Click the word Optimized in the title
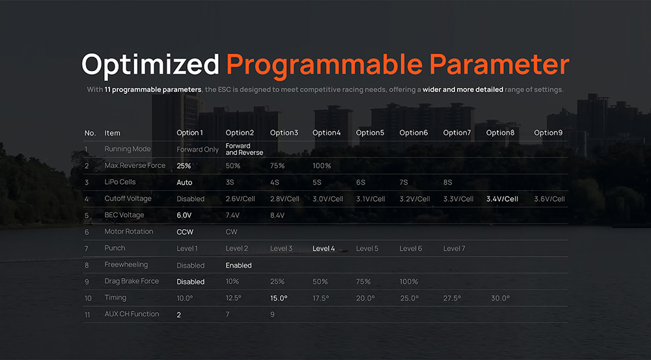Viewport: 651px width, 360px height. pyautogui.click(x=150, y=65)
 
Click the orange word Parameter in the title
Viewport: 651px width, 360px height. pyautogui.click(x=499, y=64)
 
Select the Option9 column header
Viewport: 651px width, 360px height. pyautogui.click(x=548, y=133)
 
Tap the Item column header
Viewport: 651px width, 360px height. pyautogui.click(x=112, y=133)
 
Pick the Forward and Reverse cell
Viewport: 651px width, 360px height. pyautogui.click(x=244, y=149)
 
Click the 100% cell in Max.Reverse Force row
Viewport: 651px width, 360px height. pyautogui.click(x=322, y=165)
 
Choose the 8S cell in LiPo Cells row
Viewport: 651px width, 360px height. pyautogui.click(x=448, y=182)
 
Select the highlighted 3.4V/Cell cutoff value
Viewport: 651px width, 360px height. pyautogui.click(x=502, y=199)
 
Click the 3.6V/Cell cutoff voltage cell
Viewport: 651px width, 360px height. pyautogui.click(x=549, y=199)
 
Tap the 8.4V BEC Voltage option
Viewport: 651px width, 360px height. pyautogui.click(x=277, y=215)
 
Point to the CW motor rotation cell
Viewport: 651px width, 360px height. pyautogui.click(x=231, y=232)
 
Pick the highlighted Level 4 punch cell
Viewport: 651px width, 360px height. pyautogui.click(x=324, y=248)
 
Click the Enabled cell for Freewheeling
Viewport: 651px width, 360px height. pyautogui.click(x=238, y=266)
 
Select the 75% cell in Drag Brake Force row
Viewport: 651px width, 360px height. pyautogui.click(x=363, y=281)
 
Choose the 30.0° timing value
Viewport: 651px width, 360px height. pyautogui.click(x=500, y=298)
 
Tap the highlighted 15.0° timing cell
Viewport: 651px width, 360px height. pyautogui.click(x=279, y=298)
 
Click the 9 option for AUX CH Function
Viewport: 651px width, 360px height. pyautogui.click(x=272, y=314)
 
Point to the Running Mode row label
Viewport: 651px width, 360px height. pyautogui.click(x=128, y=149)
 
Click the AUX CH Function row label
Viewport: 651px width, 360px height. pyautogui.click(x=132, y=314)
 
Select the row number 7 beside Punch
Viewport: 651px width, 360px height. pyautogui.click(x=87, y=249)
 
